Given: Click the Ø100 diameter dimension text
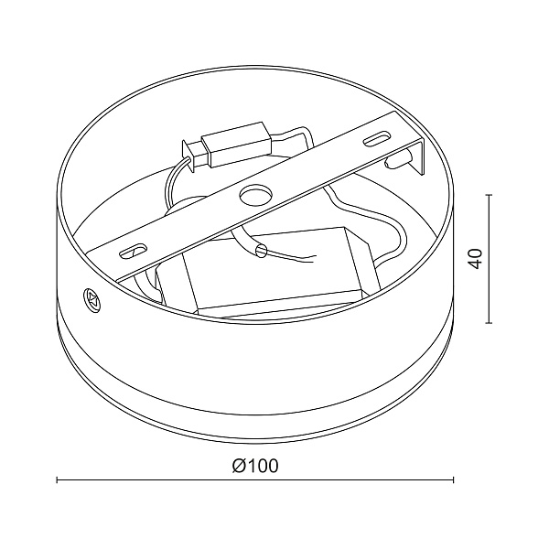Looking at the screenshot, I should [x=255, y=466].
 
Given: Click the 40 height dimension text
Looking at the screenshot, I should [x=474, y=257].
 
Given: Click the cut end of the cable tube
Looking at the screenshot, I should [x=262, y=249].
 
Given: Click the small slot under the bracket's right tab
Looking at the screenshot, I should [x=398, y=161].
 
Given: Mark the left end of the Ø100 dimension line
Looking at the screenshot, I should [x=58, y=479].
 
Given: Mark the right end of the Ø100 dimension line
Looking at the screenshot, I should [x=454, y=479].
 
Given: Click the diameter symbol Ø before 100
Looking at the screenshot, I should [x=236, y=466].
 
